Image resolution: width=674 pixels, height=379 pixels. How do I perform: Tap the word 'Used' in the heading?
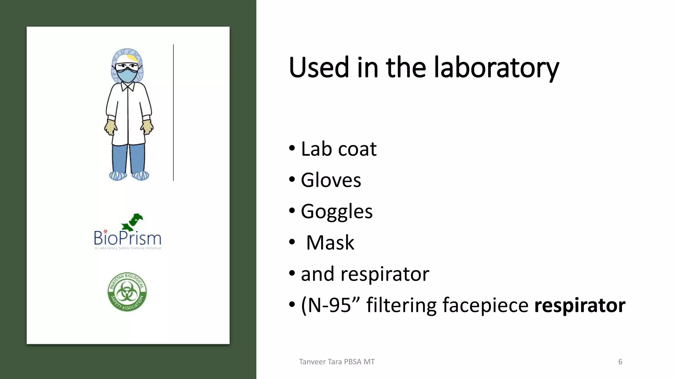319,68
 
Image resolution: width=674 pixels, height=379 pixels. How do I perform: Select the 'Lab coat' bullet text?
338,149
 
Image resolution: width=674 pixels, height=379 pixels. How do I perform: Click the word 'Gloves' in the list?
331,180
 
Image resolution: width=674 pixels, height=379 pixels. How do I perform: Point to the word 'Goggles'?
336,212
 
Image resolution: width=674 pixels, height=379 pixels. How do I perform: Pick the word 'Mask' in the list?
330,243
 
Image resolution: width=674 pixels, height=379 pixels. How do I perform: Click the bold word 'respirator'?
580,305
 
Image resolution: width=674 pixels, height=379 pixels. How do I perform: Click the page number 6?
620,362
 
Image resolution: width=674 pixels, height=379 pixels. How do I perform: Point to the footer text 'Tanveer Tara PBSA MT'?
336,362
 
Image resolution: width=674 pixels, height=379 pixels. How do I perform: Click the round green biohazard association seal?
127,292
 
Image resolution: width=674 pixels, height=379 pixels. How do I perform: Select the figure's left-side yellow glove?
111,127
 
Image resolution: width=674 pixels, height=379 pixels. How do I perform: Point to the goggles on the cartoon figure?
127,67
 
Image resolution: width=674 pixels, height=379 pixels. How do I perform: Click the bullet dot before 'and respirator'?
292,273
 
